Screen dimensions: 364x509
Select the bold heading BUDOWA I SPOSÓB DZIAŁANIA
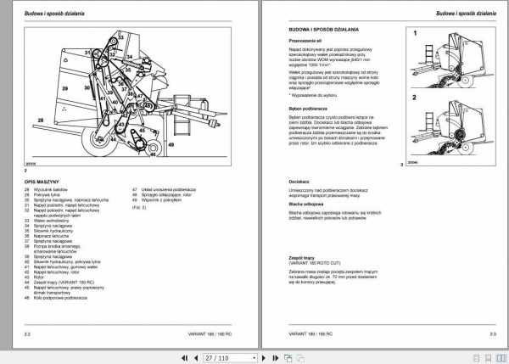pos(318,31)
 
